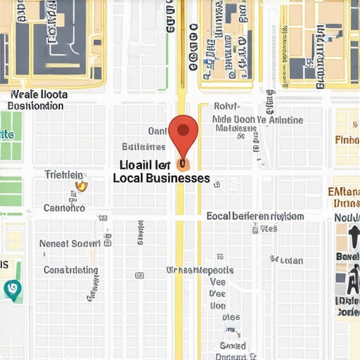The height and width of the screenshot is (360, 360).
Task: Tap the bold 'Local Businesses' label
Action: (161, 178)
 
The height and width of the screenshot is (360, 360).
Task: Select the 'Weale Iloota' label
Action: (39, 94)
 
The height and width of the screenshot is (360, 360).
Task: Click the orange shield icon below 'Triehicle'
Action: (81, 186)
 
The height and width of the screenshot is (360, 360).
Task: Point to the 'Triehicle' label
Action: (64, 174)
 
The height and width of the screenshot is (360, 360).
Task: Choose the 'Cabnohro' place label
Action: (64, 208)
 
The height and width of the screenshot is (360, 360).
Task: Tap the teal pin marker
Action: (12, 288)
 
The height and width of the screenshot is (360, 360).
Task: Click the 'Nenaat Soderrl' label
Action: (70, 243)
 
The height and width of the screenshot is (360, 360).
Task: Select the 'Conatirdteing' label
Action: (71, 269)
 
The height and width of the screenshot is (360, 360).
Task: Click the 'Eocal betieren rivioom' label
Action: (255, 217)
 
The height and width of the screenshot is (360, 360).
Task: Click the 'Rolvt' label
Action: (226, 107)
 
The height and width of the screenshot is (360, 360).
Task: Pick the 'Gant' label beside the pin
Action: (157, 131)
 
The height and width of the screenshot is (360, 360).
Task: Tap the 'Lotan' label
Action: (291, 260)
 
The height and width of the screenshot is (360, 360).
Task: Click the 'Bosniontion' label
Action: (35, 106)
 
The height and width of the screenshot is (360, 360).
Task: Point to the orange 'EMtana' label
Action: (345, 191)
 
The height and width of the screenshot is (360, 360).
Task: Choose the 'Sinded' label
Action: (232, 345)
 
